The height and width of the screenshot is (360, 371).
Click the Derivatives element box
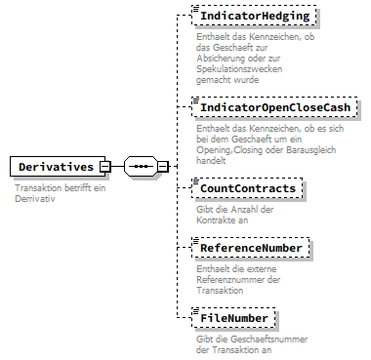(x=54, y=167)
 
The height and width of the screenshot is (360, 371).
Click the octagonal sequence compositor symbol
(x=141, y=167)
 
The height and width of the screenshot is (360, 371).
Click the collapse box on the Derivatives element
(x=104, y=167)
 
